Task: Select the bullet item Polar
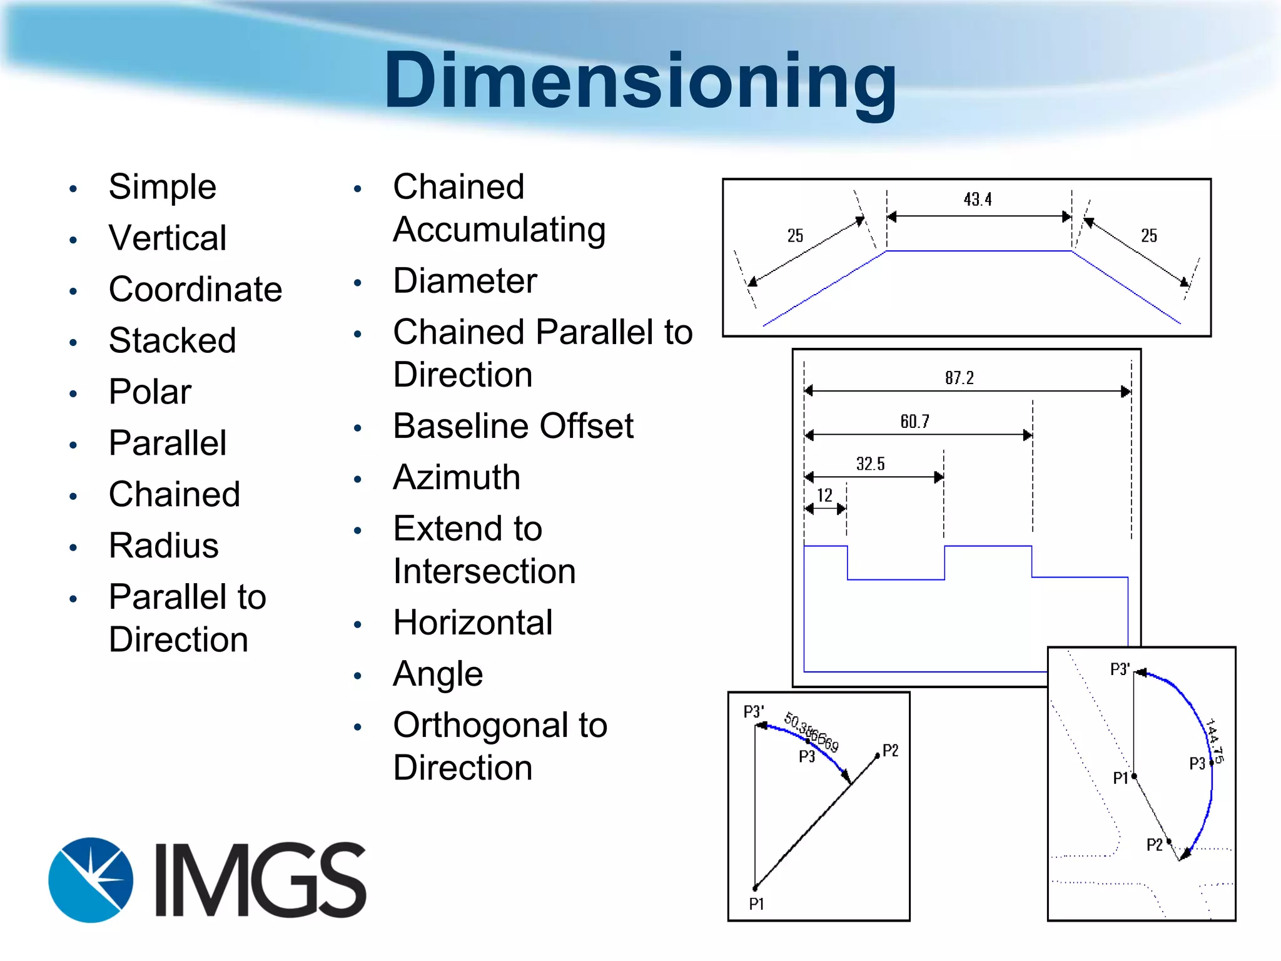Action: point(150,392)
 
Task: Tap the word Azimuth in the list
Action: point(457,477)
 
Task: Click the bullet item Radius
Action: point(164,546)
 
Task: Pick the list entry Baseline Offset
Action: point(513,426)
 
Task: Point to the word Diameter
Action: point(465,281)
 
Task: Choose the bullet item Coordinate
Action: point(195,290)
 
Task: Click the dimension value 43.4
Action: point(978,200)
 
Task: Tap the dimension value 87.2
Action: point(959,378)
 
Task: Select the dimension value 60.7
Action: point(915,422)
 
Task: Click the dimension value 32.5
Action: point(871,464)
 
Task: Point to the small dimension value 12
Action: point(824,496)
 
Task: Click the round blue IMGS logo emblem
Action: point(91,880)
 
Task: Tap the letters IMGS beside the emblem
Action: point(260,880)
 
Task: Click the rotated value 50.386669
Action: point(811,732)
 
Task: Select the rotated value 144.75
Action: point(1215,741)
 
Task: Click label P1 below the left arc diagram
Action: point(756,904)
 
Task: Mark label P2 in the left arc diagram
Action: point(890,751)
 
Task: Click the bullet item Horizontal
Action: point(473,623)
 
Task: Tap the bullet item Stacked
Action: point(172,341)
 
